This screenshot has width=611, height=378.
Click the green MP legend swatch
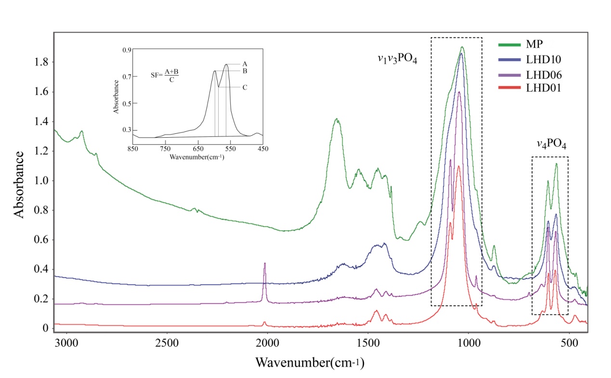(x=509, y=45)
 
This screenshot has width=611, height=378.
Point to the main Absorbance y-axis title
(x=19, y=184)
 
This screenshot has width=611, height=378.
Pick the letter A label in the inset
(x=245, y=64)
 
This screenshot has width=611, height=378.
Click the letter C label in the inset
(x=245, y=87)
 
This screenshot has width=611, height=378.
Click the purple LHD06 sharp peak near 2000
(x=265, y=264)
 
